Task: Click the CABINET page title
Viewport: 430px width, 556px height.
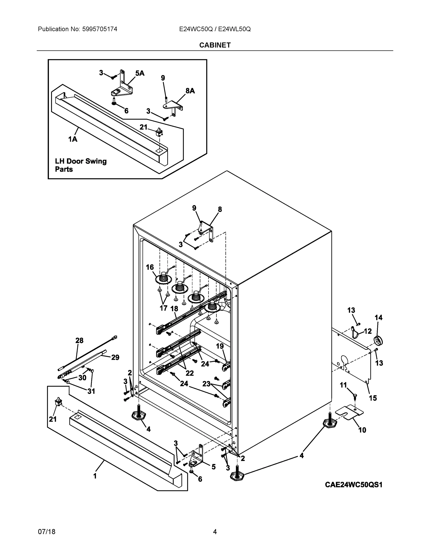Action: click(x=215, y=45)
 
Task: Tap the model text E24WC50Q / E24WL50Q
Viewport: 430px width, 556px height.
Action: click(x=215, y=29)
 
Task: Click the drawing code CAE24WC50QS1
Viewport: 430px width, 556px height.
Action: click(x=354, y=485)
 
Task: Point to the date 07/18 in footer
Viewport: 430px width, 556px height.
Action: click(x=47, y=532)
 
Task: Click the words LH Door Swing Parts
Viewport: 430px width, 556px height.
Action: click(x=80, y=165)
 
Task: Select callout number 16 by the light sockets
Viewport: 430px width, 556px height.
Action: click(x=150, y=267)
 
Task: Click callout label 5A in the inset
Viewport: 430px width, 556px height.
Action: click(x=140, y=73)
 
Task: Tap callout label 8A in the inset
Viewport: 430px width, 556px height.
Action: click(x=190, y=91)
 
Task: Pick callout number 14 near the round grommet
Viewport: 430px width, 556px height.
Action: click(x=379, y=317)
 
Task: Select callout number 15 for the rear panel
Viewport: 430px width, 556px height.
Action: click(x=373, y=398)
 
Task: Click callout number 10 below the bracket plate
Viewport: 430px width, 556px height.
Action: click(x=362, y=430)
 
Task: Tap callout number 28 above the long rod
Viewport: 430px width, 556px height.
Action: click(x=79, y=340)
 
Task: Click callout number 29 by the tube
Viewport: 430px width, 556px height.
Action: click(x=115, y=357)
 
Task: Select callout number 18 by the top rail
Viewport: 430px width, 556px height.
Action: click(x=174, y=309)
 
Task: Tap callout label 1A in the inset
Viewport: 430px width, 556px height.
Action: click(x=73, y=139)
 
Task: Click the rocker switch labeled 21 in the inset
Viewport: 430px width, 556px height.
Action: click(x=159, y=132)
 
